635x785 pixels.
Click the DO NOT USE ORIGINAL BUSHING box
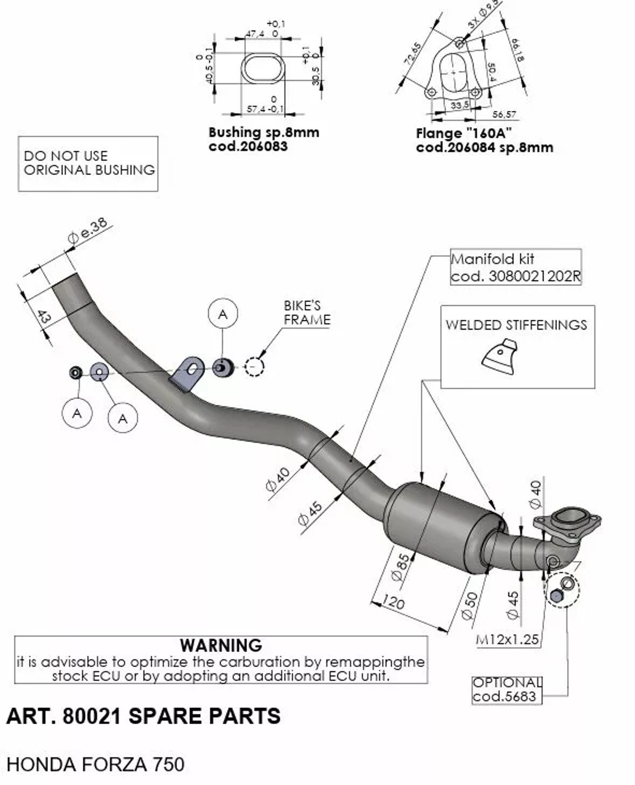coord(88,163)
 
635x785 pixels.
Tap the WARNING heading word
coord(221,645)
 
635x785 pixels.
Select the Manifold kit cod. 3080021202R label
coord(515,267)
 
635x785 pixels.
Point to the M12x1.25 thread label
coord(507,639)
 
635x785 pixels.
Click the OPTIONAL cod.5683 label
coord(507,689)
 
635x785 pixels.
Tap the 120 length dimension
coord(393,602)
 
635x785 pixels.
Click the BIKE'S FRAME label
coord(307,313)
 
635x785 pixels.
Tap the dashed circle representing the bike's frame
coord(254,366)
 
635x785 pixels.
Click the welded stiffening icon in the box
coord(500,356)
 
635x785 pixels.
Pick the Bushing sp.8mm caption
coord(263,132)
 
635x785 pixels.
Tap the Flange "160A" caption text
coord(464,133)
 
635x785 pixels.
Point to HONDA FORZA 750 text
coord(96,764)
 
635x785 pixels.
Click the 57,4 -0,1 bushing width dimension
coord(265,108)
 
